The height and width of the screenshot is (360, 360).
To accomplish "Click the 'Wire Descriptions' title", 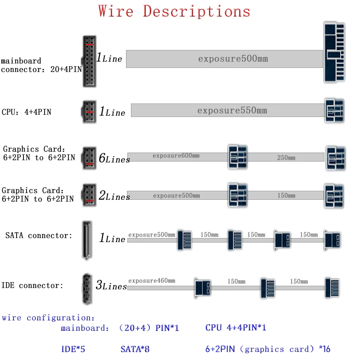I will coord(174,12).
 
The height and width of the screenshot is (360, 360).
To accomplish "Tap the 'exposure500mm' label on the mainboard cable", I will coord(233,59).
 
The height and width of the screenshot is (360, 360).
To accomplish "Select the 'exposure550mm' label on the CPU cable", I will coord(232,111).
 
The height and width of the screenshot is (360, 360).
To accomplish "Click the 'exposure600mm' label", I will coord(175,156).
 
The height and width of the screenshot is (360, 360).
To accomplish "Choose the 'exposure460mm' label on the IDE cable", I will coord(152,281).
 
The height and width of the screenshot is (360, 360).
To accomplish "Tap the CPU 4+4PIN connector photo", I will coord(88,111).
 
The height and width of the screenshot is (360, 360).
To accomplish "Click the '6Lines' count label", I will coord(114,158).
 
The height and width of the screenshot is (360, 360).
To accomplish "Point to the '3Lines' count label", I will coord(111,285).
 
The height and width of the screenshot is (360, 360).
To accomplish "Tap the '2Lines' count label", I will coord(114,196).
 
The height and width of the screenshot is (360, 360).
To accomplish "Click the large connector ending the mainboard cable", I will coord(334,52).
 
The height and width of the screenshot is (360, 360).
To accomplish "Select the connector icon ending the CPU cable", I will coord(334,111).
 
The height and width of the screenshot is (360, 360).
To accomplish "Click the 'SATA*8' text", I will coord(135,349).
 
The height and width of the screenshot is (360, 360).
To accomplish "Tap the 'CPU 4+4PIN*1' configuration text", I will coord(236,328).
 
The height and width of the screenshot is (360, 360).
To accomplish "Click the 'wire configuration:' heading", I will coord(48,318).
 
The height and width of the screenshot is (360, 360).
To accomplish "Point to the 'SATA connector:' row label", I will coord(39,235).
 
